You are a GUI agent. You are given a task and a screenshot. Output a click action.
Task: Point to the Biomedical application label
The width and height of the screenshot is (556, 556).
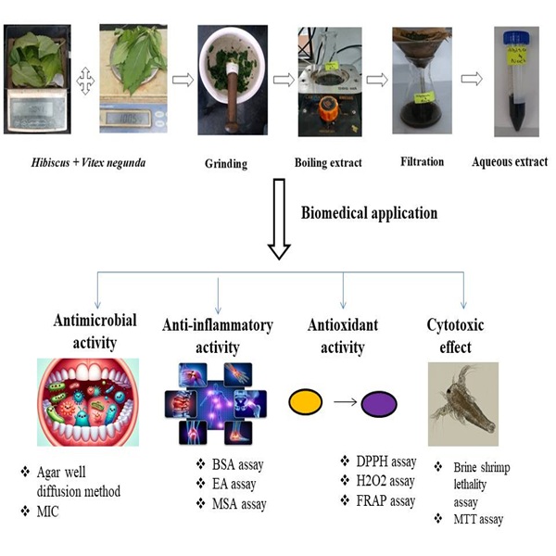click(x=369, y=212)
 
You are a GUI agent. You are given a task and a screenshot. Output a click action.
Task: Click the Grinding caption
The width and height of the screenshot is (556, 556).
click(x=226, y=165)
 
